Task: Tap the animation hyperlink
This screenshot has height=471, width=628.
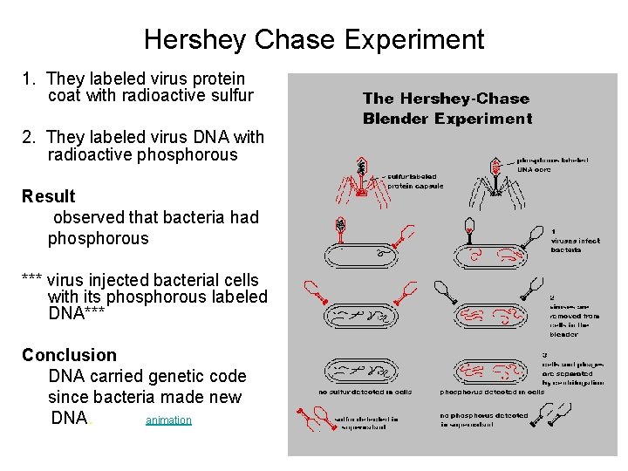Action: click(x=168, y=420)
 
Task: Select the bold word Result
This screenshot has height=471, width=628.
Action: click(x=48, y=196)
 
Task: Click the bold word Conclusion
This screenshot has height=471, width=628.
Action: click(x=69, y=355)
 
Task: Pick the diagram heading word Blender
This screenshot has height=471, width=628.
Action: click(x=399, y=119)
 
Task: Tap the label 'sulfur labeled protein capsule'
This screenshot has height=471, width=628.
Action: click(x=414, y=181)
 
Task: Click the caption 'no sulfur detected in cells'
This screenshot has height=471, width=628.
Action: click(x=365, y=392)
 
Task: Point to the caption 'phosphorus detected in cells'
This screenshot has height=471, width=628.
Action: click(x=492, y=392)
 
